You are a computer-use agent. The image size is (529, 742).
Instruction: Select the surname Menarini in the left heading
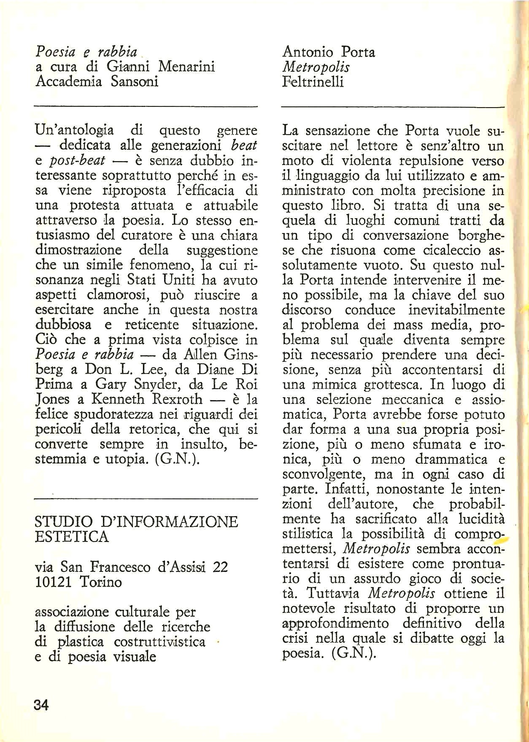186,66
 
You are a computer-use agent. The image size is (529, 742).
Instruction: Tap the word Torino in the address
100,582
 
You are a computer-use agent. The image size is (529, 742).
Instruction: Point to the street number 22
220,567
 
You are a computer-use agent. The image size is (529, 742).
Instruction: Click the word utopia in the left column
124,459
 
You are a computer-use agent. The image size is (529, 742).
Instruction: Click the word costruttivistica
160,642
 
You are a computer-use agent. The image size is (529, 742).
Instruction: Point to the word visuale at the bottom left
135,657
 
